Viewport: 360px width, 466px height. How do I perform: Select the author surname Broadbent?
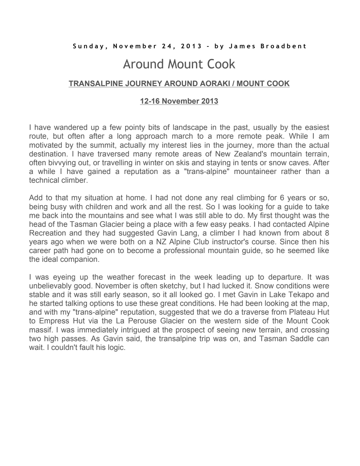283,46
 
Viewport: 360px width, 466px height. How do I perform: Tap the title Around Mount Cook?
179,64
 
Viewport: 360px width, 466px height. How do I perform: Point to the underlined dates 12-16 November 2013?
179,101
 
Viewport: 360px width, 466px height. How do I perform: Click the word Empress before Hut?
54,321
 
